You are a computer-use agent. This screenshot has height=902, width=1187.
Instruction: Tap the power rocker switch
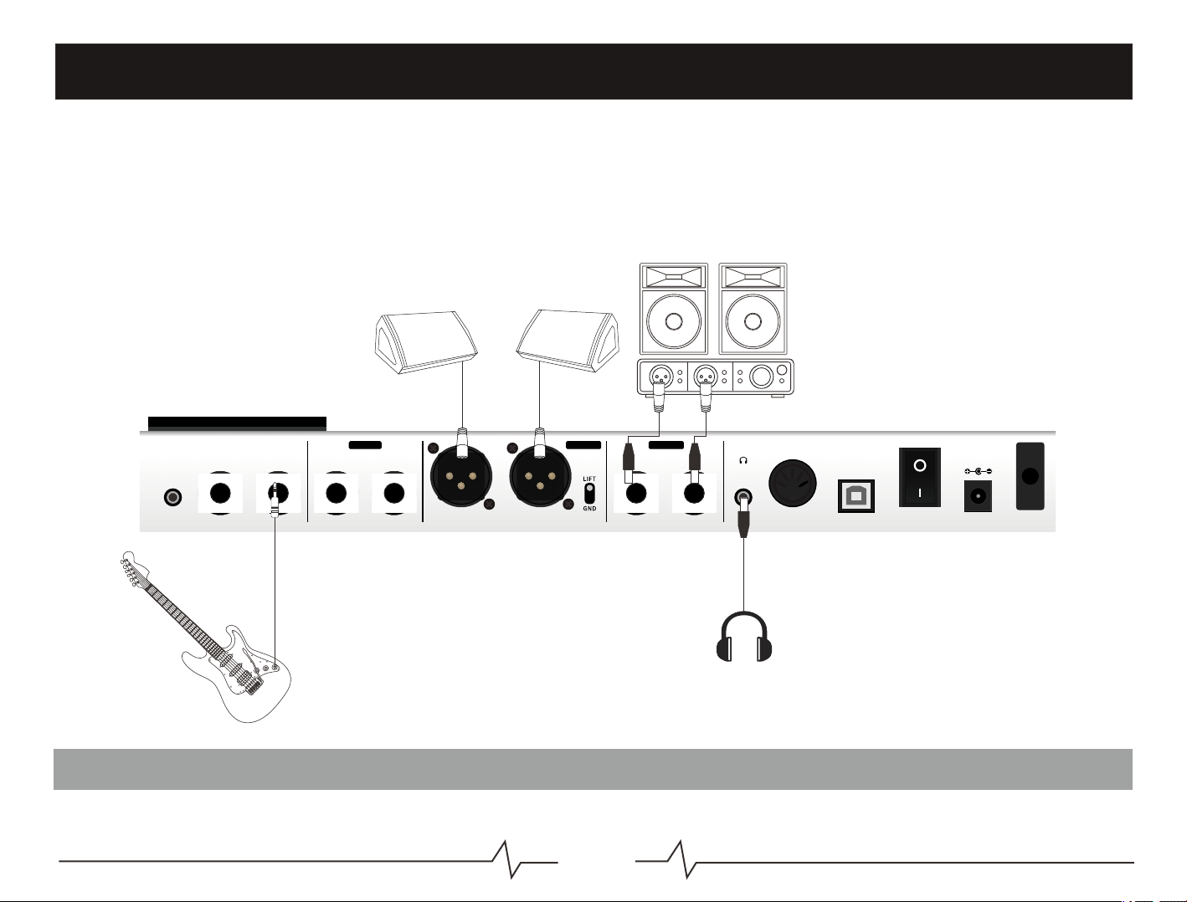click(919, 477)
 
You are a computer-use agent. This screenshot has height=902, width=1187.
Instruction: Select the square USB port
click(856, 495)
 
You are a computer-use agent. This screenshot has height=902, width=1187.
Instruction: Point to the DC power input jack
click(978, 495)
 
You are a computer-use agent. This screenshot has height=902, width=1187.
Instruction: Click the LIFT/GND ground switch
click(589, 492)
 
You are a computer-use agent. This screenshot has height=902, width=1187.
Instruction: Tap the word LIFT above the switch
click(589, 479)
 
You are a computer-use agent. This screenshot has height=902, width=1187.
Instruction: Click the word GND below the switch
click(589, 508)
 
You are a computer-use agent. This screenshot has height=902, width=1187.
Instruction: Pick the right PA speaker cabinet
click(753, 309)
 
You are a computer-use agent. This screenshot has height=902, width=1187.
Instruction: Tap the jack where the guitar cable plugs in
click(277, 493)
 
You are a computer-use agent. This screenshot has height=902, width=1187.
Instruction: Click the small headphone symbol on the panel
click(743, 459)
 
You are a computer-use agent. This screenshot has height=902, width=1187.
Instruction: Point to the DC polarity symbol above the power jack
click(978, 470)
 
